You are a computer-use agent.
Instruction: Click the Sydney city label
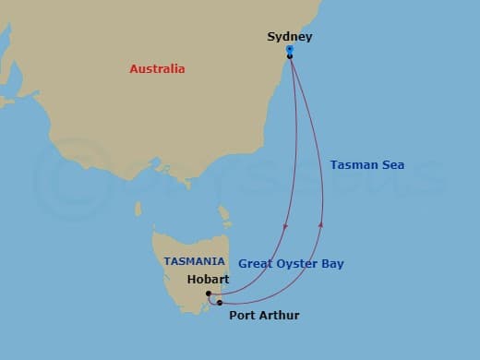point(289,37)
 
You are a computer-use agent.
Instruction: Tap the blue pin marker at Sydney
point(290,50)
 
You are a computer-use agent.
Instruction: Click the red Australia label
point(157,69)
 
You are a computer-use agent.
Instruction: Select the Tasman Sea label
point(367,165)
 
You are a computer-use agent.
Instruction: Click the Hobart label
point(208,279)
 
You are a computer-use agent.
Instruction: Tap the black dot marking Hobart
point(210,294)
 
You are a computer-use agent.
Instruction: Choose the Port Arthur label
point(263,316)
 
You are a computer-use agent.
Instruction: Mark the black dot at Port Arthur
point(220,302)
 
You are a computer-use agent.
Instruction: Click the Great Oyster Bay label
point(291,264)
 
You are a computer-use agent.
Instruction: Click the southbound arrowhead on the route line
point(286,226)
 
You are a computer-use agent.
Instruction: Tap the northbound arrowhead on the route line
point(321,222)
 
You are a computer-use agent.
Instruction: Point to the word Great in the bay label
point(256,264)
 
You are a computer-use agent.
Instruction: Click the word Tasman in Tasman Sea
point(354,165)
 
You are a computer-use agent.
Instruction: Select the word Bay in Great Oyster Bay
point(331,264)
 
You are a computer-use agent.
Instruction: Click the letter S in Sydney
point(271,37)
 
